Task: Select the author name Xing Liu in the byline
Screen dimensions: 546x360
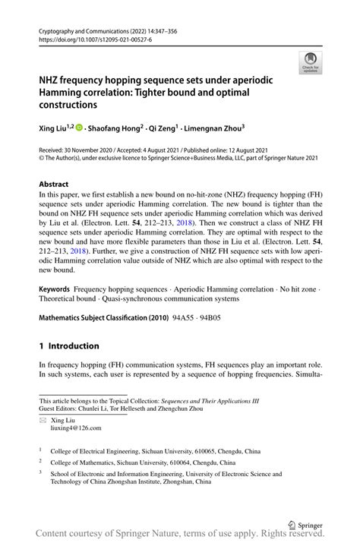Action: (x=54, y=129)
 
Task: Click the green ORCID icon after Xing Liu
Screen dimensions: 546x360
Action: (x=79, y=129)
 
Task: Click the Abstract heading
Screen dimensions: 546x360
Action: (x=54, y=185)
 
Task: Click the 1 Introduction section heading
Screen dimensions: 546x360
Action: (x=69, y=346)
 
